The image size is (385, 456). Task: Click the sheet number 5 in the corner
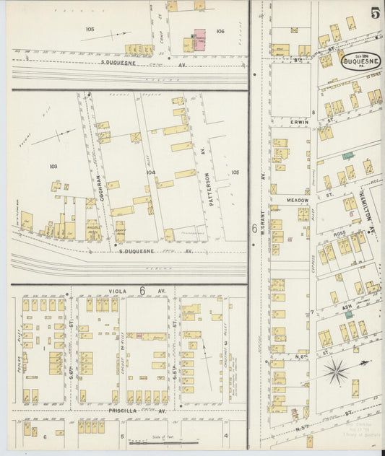(x=376, y=12)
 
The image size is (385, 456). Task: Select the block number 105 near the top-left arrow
(x=90, y=29)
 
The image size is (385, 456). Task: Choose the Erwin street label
(x=300, y=122)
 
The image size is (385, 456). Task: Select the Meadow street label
(x=298, y=200)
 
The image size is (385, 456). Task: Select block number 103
(x=53, y=166)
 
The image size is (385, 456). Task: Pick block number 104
(x=150, y=172)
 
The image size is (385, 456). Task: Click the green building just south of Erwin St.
(x=348, y=155)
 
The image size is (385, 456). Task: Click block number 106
(x=220, y=31)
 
